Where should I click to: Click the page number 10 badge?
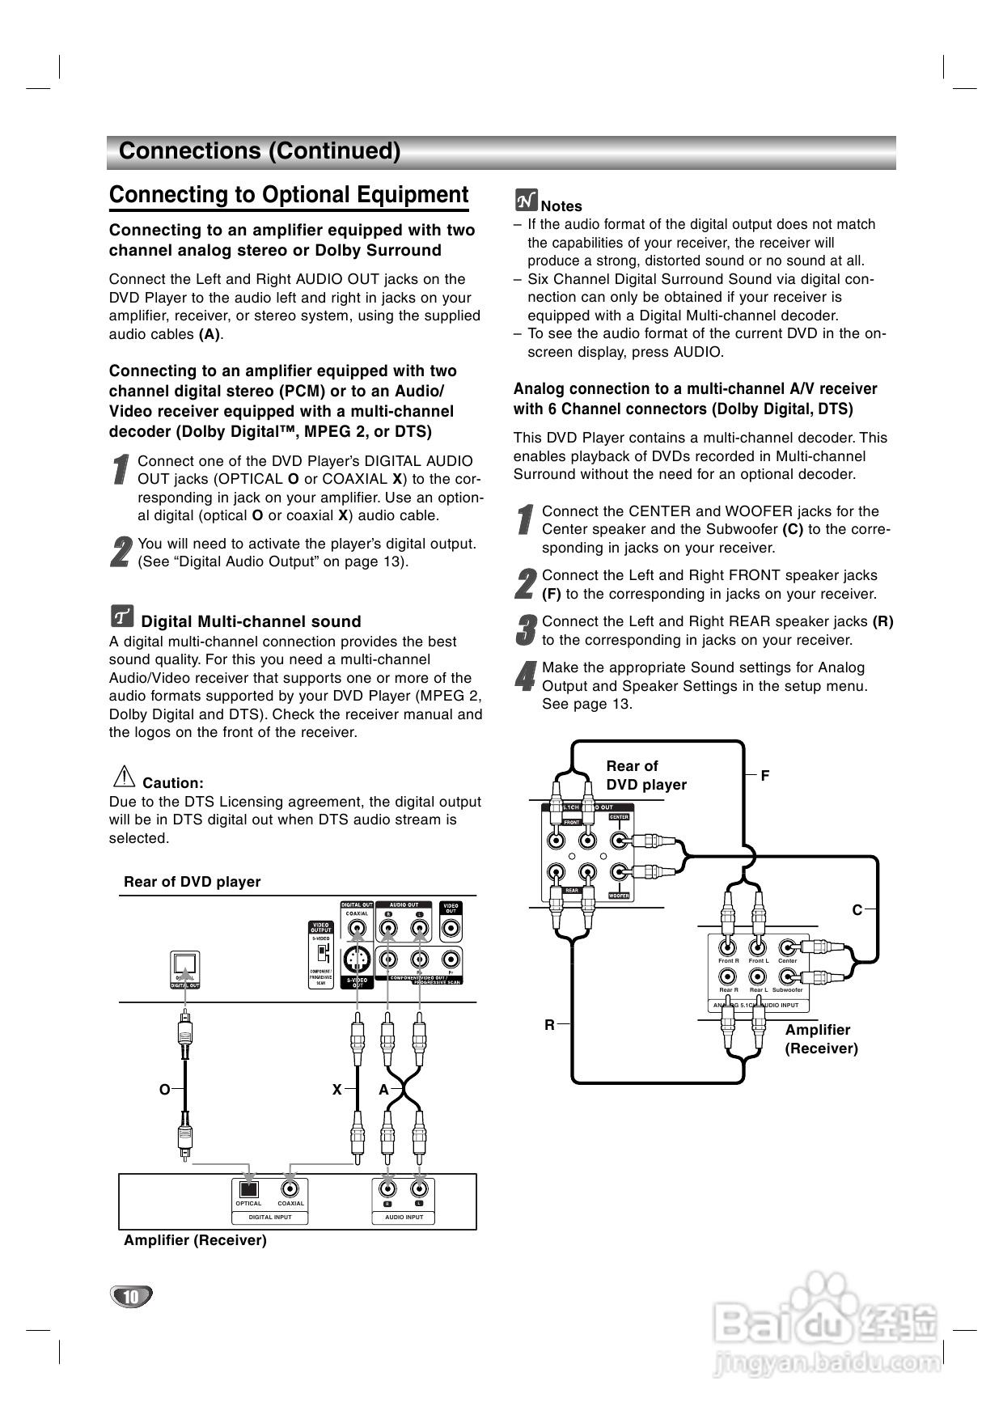[130, 1297]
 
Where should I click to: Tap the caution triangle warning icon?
[124, 777]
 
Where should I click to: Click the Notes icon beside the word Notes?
[526, 200]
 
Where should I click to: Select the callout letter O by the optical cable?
[164, 1090]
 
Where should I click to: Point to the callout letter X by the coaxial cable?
[336, 1090]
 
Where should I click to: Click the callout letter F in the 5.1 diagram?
[764, 776]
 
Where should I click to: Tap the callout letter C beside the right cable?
[857, 910]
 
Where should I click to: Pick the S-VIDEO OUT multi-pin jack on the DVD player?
[356, 960]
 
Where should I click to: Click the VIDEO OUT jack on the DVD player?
[451, 929]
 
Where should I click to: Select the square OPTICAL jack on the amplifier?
[248, 1189]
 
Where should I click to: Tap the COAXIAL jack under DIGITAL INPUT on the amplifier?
[290, 1189]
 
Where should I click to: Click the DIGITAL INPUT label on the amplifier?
[270, 1217]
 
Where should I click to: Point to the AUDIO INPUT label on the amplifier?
[404, 1217]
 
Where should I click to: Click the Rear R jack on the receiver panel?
[728, 977]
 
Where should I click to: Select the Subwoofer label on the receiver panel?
[787, 989]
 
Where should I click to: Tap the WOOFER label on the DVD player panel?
[619, 896]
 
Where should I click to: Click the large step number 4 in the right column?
[526, 676]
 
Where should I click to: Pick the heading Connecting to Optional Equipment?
[289, 195]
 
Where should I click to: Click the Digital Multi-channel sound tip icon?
[121, 616]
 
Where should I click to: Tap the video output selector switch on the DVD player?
[321, 951]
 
